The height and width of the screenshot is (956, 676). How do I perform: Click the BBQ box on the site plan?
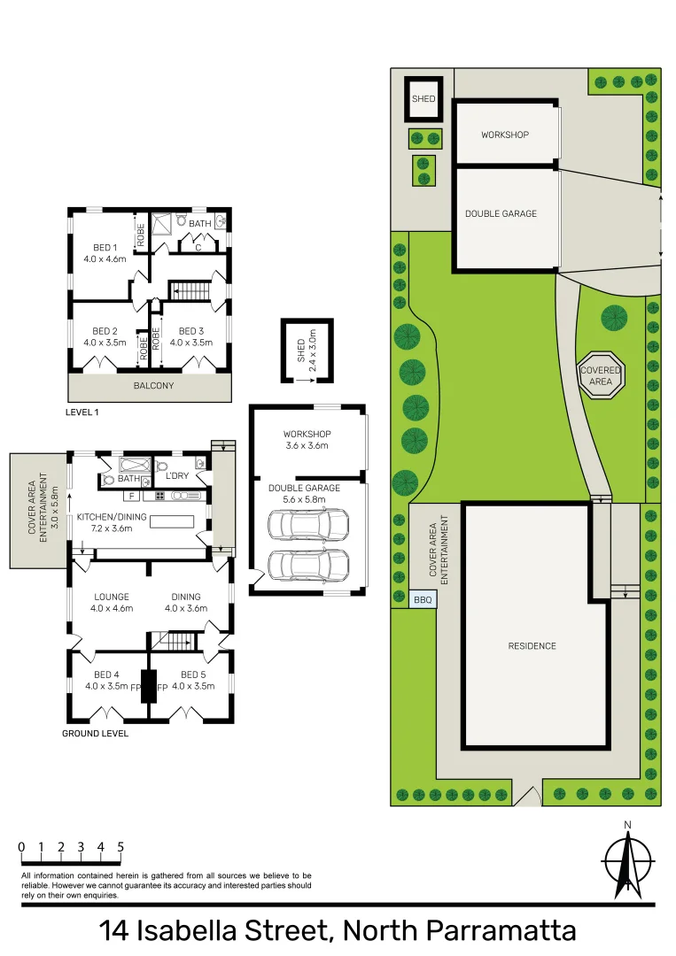(x=423, y=599)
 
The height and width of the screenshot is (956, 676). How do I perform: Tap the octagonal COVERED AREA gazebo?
(x=602, y=375)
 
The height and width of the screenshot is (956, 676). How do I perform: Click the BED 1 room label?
(x=105, y=247)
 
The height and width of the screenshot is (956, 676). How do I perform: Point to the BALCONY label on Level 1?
(x=153, y=386)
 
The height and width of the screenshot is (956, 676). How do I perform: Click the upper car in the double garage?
(x=302, y=525)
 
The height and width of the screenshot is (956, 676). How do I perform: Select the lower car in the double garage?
(x=302, y=564)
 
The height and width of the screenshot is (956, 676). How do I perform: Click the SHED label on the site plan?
(x=423, y=98)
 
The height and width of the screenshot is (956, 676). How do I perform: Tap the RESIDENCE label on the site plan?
(x=532, y=646)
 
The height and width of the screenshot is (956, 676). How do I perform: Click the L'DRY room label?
(x=176, y=476)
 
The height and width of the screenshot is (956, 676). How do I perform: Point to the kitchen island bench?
(x=173, y=520)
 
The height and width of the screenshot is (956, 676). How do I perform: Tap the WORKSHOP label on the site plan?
(x=505, y=135)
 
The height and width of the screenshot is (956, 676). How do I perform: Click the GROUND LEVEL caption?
(x=96, y=734)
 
